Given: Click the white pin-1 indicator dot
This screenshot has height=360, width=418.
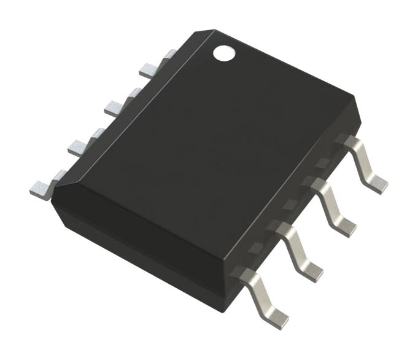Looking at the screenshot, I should tap(224, 53).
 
